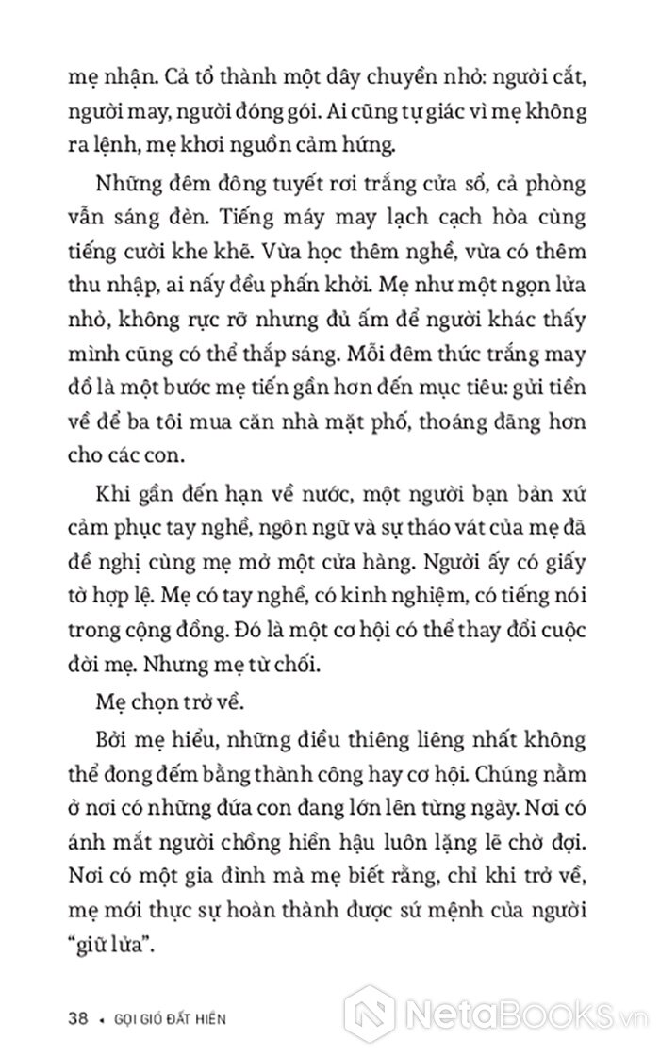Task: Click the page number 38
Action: [79, 1018]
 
